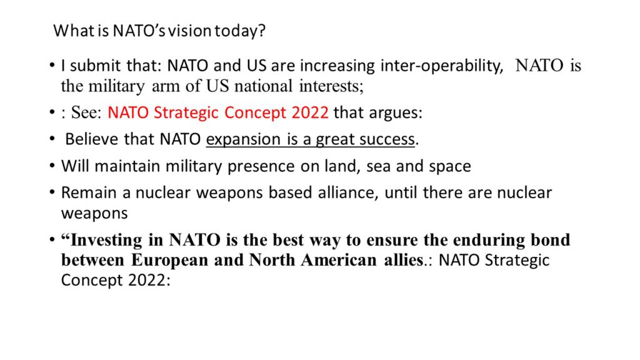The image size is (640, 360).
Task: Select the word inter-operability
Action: (442, 66)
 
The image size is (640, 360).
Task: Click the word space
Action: (449, 167)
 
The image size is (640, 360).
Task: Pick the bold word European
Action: (169, 260)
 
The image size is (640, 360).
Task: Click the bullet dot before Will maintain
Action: (52, 166)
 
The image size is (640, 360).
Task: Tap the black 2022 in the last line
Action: (147, 280)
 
